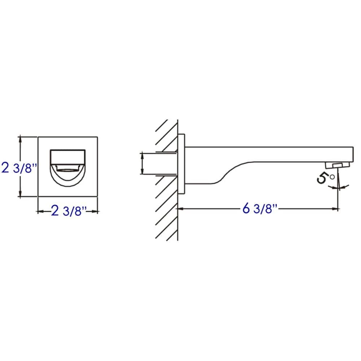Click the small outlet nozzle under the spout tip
(338, 165)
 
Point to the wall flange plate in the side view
(181, 164)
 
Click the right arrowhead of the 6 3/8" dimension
(336, 209)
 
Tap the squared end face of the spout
(351, 155)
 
